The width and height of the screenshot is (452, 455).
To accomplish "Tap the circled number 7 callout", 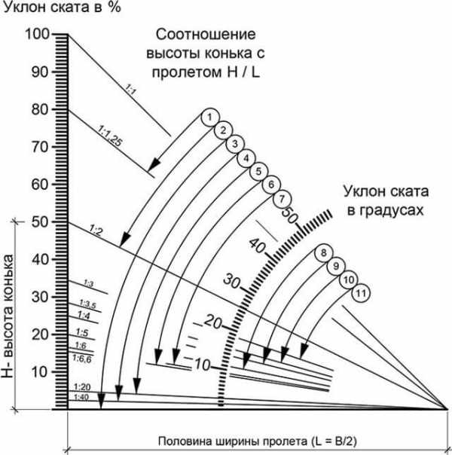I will [282, 200].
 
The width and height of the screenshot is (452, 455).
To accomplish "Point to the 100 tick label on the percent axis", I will [36, 35].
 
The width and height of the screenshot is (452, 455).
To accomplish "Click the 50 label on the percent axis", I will [37, 222].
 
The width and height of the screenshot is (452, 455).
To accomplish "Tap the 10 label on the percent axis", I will [37, 371].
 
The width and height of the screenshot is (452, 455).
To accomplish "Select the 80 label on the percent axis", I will [37, 109].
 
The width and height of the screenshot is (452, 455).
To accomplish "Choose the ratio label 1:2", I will [96, 230].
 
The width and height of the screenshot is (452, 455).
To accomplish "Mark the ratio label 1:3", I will [87, 284].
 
